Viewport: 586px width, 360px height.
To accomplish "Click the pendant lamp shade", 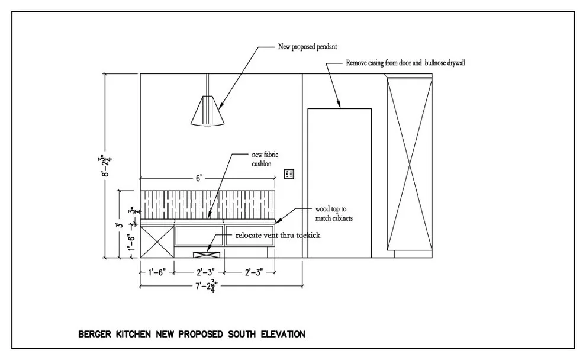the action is tap(207, 111).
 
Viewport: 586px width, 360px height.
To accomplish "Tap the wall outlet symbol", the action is tap(289, 174).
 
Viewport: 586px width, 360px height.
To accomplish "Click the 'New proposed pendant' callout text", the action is tap(307, 47).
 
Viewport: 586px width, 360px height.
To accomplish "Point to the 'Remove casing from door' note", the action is tap(405, 63).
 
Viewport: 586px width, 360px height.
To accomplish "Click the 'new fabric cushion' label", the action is tap(265, 159).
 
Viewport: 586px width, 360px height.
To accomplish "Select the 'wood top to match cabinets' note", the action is tap(334, 214).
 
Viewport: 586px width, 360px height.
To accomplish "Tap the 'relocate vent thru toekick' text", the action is tap(278, 236).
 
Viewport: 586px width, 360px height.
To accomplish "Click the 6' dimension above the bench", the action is tap(199, 178).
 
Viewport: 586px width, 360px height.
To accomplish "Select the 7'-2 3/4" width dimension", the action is tap(207, 286).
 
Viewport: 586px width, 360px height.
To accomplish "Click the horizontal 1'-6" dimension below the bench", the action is tap(157, 272).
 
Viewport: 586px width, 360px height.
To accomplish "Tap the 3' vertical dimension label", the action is tap(119, 224).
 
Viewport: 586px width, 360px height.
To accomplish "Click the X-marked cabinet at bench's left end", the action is tap(157, 242).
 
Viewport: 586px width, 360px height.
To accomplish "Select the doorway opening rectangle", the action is tap(339, 183).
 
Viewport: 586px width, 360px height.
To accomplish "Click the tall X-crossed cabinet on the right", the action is tap(410, 164).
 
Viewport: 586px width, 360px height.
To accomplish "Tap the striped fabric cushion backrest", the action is tap(208, 205).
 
